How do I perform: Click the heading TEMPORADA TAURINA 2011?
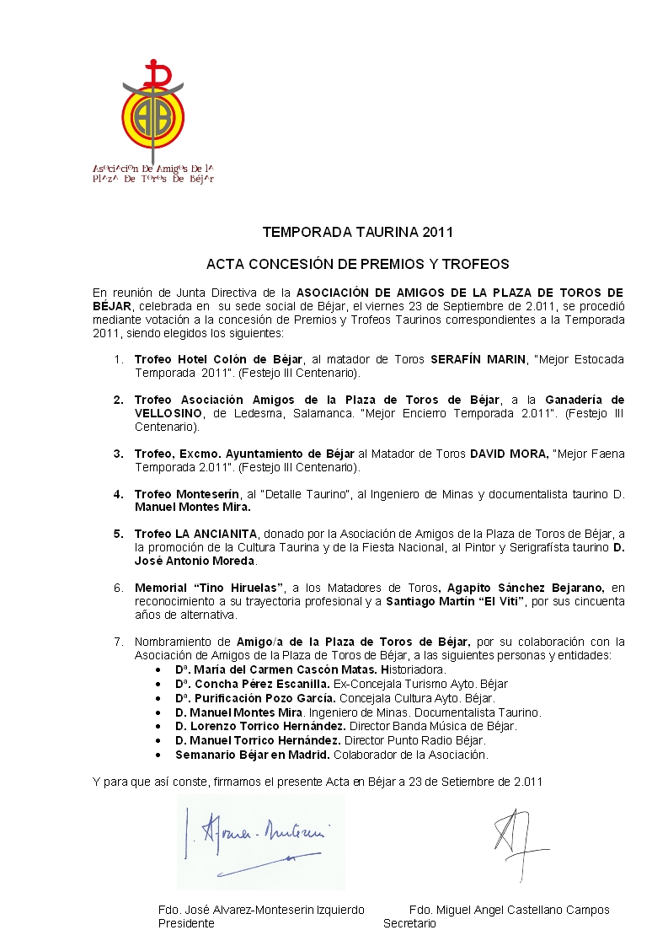click(x=358, y=231)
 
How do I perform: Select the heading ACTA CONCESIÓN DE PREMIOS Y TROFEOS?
click(x=358, y=264)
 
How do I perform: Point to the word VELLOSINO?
click(x=167, y=413)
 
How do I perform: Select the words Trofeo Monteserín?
click(x=178, y=494)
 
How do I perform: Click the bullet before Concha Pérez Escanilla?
click(x=160, y=684)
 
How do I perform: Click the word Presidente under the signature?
click(x=186, y=923)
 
